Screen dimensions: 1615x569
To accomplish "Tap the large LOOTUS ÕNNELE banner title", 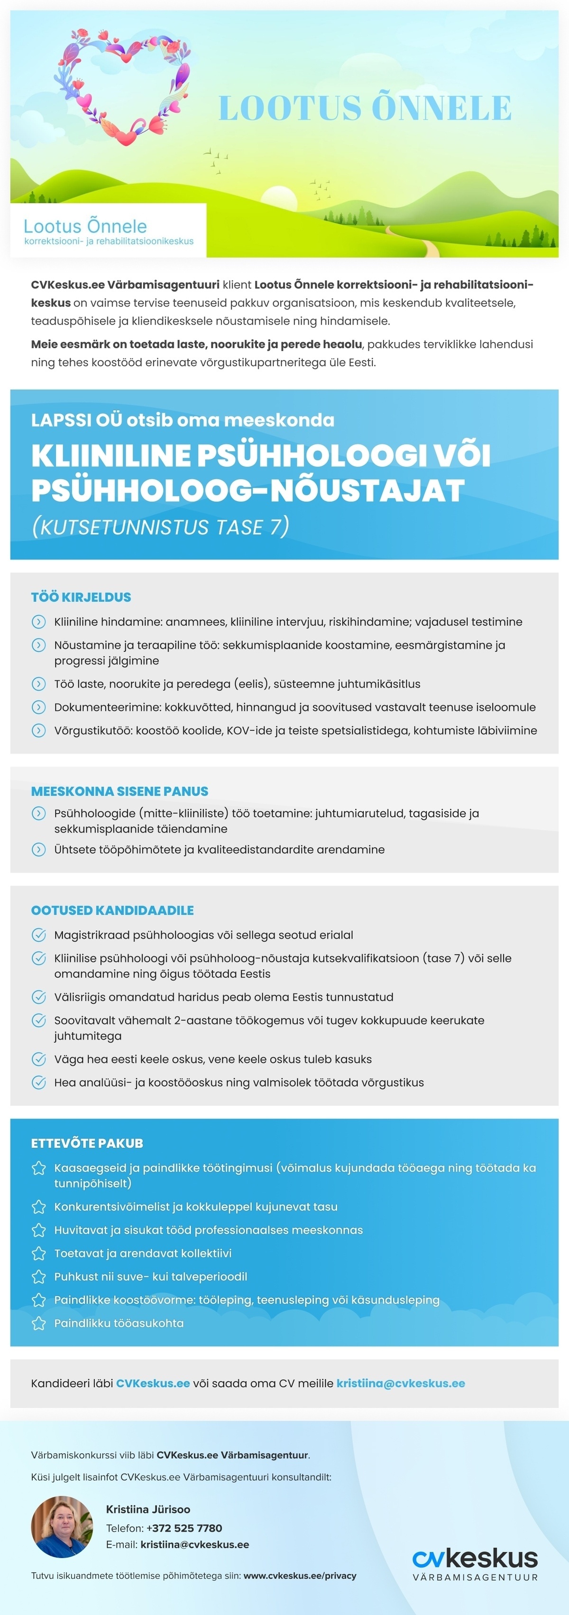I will [x=365, y=108].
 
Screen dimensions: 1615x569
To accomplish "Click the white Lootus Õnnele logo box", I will [x=109, y=231].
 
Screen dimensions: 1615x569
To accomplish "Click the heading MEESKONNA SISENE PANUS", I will [x=119, y=791].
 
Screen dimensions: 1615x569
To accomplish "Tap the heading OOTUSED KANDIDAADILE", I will [x=112, y=910].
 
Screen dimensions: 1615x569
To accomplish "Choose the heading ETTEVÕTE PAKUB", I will [x=87, y=1143].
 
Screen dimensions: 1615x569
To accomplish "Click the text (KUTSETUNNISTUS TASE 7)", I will [x=160, y=527].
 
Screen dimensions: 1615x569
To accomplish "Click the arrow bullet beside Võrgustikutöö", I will [x=39, y=730].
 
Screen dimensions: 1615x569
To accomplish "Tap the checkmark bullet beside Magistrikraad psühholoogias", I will [x=39, y=935].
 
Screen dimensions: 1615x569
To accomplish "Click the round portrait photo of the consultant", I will [x=62, y=1527].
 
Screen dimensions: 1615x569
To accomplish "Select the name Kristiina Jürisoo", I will [x=148, y=1509].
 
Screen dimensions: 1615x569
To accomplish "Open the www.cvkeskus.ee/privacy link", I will [x=300, y=1576].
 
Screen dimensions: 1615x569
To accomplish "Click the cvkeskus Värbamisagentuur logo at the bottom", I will [x=475, y=1564].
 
